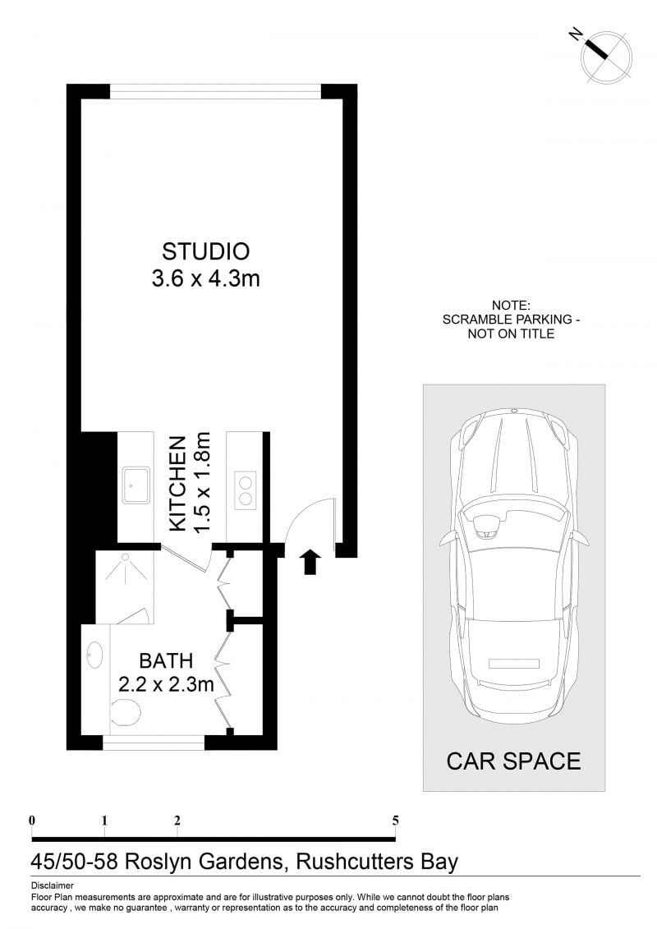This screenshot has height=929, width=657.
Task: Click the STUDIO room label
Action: pyautogui.click(x=205, y=251)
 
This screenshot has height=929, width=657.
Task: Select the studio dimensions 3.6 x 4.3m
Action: pyautogui.click(x=205, y=278)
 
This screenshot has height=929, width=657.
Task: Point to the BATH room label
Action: pyautogui.click(x=166, y=660)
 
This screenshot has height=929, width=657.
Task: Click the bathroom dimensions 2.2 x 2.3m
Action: pyautogui.click(x=166, y=684)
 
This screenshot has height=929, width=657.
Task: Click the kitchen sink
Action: pyautogui.click(x=137, y=485)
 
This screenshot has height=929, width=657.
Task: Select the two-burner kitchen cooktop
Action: pyautogui.click(x=246, y=490)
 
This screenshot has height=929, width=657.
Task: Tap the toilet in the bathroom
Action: pyautogui.click(x=125, y=711)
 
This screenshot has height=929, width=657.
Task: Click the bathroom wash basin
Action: pyautogui.click(x=95, y=655)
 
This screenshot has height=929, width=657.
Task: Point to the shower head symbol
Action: pyautogui.click(x=125, y=558)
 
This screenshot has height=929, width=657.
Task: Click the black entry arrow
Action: pyautogui.click(x=310, y=563)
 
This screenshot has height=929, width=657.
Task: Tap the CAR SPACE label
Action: pyautogui.click(x=513, y=761)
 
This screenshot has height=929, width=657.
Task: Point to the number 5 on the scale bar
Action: pyautogui.click(x=395, y=821)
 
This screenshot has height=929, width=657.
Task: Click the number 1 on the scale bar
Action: pyautogui.click(x=104, y=821)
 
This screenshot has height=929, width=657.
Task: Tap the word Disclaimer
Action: pyautogui.click(x=52, y=886)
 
